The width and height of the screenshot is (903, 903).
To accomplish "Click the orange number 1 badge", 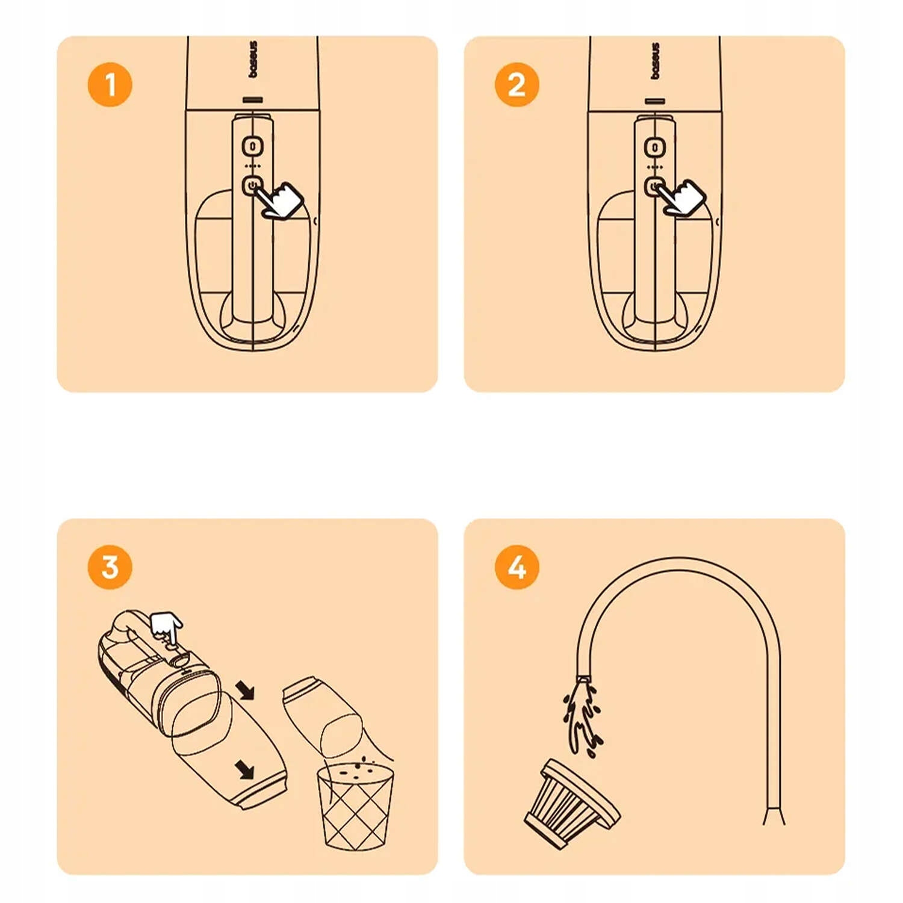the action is [110, 84].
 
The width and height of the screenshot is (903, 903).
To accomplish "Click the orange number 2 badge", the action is [517, 84].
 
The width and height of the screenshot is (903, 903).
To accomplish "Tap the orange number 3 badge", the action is [110, 567].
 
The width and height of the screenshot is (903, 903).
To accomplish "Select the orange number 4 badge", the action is [517, 567].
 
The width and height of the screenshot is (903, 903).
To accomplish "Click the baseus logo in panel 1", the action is [253, 59].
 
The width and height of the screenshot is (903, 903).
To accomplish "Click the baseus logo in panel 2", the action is [655, 60].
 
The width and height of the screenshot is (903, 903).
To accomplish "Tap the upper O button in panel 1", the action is [253, 146].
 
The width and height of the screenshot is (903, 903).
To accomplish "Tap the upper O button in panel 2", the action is [654, 147].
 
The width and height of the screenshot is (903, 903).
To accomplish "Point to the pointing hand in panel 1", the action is [279, 199].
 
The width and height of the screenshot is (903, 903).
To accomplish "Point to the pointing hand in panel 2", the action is [681, 197].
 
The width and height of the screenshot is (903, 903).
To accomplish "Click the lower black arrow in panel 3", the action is [244, 768].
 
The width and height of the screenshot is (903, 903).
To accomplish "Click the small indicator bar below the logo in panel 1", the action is [253, 100].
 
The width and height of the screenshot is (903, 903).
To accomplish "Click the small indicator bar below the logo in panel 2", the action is [655, 101].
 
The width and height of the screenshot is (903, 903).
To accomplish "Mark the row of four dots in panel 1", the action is [253, 166].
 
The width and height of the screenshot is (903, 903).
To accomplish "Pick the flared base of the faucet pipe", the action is [774, 816].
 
